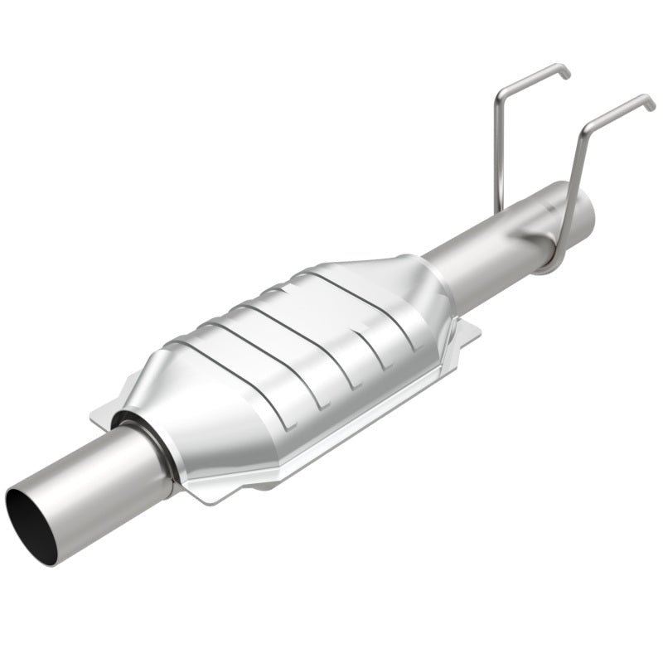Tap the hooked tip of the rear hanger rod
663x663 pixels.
coord(565,73)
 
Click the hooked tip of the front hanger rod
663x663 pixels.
coord(650,104)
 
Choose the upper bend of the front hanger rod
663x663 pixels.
coord(588,128)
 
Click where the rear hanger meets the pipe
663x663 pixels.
coord(500,211)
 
